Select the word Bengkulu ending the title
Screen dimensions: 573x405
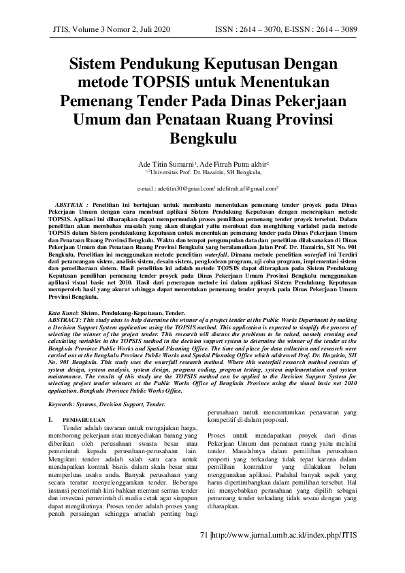(x=202, y=140)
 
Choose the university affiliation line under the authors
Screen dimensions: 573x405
(x=202, y=174)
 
